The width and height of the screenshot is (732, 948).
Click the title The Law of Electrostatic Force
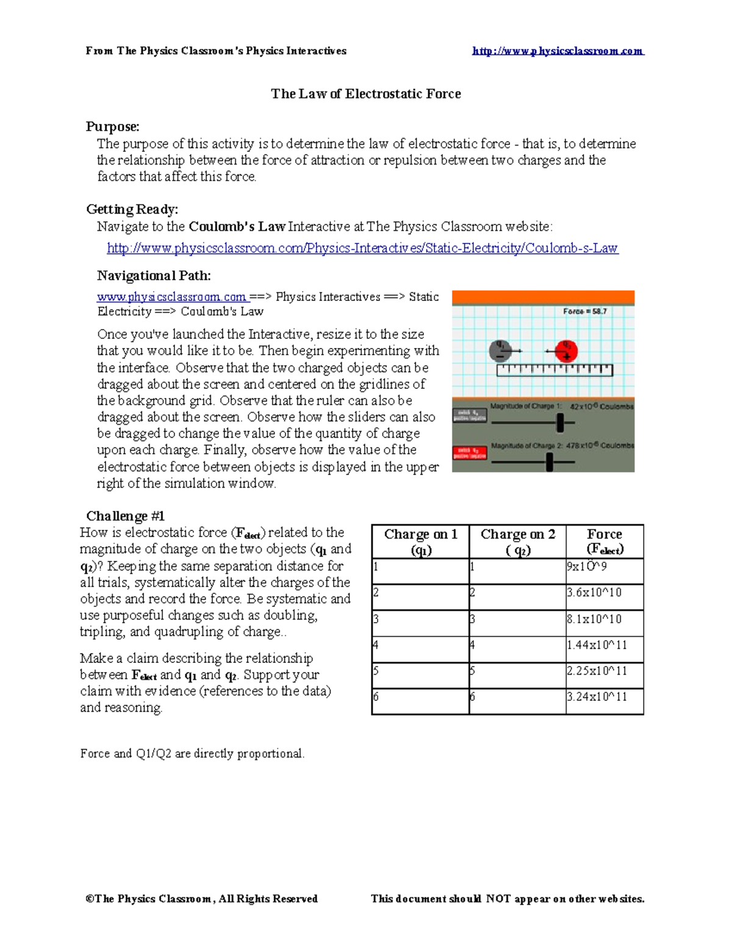pyautogui.click(x=365, y=94)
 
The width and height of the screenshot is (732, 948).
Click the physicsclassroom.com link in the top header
pyautogui.click(x=558, y=51)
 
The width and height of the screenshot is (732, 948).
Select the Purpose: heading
pyautogui.click(x=112, y=127)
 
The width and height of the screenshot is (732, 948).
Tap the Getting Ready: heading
pyautogui.click(x=132, y=209)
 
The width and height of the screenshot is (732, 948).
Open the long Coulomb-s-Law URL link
pyautogui.click(x=362, y=248)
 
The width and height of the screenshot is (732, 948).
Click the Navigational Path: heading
pyautogui.click(x=154, y=276)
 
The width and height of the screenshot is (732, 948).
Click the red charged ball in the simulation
pyautogui.click(x=567, y=350)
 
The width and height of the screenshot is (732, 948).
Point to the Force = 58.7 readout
pyautogui.click(x=584, y=311)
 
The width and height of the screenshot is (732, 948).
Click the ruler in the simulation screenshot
pyautogui.click(x=554, y=370)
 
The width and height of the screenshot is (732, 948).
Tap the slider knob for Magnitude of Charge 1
pyautogui.click(x=561, y=422)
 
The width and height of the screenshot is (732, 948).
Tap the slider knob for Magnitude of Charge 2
pyautogui.click(x=550, y=462)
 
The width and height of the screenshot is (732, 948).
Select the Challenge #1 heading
pyautogui.click(x=125, y=516)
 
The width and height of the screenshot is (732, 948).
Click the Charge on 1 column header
pyautogui.click(x=420, y=541)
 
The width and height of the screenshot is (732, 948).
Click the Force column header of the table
pyautogui.click(x=605, y=541)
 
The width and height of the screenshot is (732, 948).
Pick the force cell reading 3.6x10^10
pyautogui.click(x=594, y=593)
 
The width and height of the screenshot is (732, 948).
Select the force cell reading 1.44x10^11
pyautogui.click(x=596, y=645)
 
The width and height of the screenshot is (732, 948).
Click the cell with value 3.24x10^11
pyautogui.click(x=596, y=697)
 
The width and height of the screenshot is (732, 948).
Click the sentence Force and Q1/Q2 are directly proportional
pyautogui.click(x=192, y=754)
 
